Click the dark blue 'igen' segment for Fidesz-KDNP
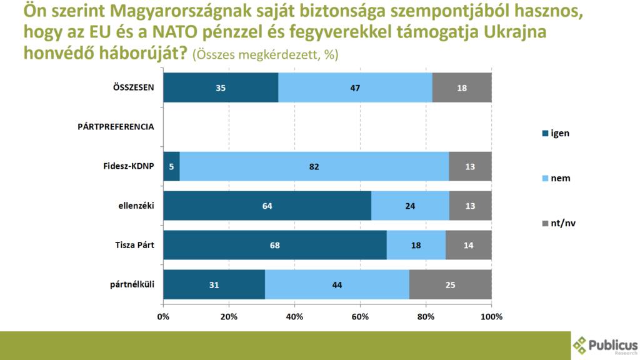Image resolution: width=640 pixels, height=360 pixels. [171, 166]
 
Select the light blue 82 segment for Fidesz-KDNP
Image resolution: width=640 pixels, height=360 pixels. [314, 166]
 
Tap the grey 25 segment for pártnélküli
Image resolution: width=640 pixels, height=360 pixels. [450, 285]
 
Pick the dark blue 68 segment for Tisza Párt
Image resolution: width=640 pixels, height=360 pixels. [275, 246]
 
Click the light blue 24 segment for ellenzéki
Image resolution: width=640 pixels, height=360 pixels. [410, 206]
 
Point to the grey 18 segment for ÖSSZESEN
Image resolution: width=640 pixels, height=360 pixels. [462, 87]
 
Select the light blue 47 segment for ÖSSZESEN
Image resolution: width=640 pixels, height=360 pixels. [355, 87]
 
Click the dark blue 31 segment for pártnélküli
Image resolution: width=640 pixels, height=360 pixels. [214, 285]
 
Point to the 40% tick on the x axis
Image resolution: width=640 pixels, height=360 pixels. [294, 317]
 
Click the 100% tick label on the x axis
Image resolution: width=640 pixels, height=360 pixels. [491, 317]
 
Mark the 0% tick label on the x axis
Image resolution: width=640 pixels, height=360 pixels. [163, 317]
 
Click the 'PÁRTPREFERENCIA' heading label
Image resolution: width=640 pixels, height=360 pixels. [116, 127]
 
